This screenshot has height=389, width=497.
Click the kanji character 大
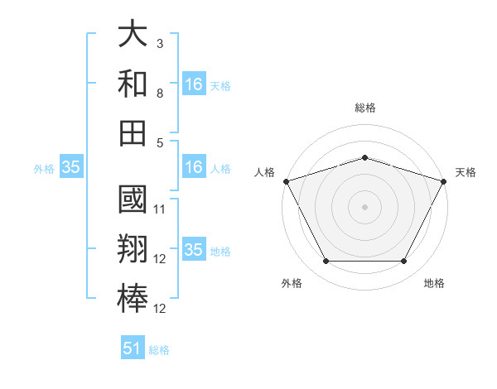click(x=133, y=36)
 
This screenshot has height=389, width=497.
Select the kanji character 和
click(x=133, y=84)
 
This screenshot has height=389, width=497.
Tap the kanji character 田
click(x=133, y=132)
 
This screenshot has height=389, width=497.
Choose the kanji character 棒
click(x=133, y=298)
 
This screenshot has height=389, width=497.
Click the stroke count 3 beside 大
click(x=159, y=44)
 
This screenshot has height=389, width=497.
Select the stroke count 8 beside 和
click(x=159, y=94)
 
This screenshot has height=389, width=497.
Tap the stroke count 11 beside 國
click(x=161, y=209)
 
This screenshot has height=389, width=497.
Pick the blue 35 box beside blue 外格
click(x=70, y=167)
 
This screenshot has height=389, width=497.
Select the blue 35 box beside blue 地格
click(x=193, y=250)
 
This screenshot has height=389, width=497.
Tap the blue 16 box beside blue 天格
click(x=193, y=84)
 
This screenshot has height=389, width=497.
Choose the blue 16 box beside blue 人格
click(x=193, y=167)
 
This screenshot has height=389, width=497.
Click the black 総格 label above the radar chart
click(x=364, y=108)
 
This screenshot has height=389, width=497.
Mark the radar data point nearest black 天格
click(x=445, y=180)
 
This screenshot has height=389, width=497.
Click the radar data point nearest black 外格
click(x=326, y=262)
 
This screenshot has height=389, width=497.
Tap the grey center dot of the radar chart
click(x=364, y=206)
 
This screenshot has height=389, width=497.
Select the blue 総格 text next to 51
click(x=159, y=350)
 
